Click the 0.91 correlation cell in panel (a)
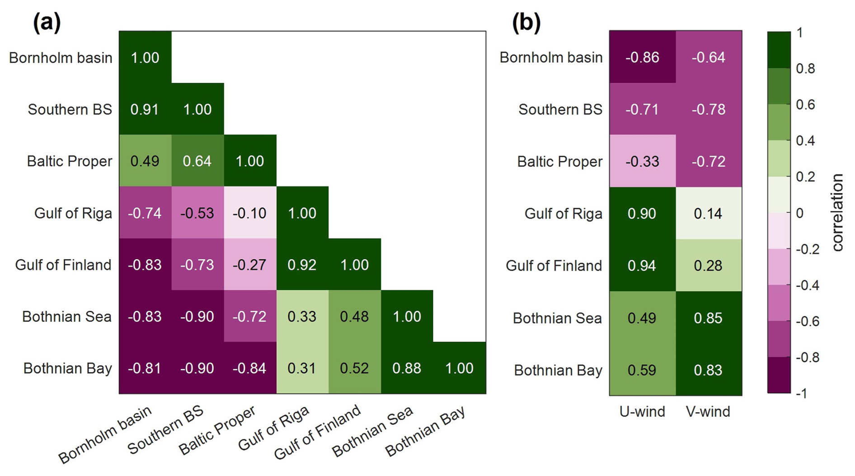(x=145, y=109)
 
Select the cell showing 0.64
(x=197, y=161)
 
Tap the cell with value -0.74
(x=145, y=213)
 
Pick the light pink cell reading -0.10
(x=249, y=213)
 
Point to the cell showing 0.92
(x=302, y=265)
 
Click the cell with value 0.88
(x=407, y=368)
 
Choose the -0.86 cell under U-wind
(x=642, y=57)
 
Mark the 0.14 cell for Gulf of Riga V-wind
(x=708, y=214)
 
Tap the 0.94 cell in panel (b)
(x=642, y=266)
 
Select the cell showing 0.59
(x=642, y=370)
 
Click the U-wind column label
(x=642, y=412)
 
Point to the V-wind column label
(x=708, y=412)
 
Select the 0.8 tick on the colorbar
(x=805, y=69)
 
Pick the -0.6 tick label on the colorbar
(x=807, y=321)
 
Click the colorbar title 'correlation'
(x=837, y=213)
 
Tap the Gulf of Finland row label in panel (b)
(x=554, y=266)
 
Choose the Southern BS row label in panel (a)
(x=70, y=109)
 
